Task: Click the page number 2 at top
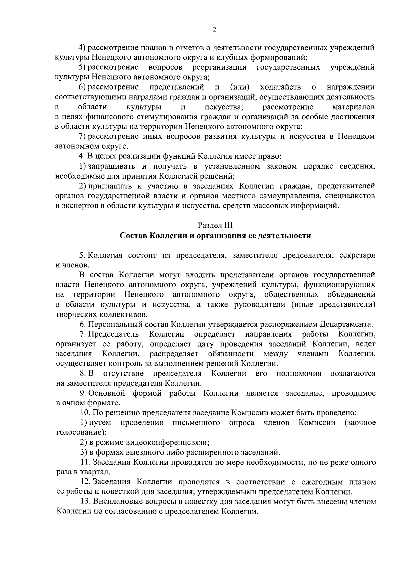click(214, 30)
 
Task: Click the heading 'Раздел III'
click(215, 226)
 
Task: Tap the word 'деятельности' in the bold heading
click(288, 236)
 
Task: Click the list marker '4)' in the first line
click(82, 48)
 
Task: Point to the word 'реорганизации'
click(219, 68)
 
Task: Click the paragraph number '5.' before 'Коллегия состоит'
click(82, 256)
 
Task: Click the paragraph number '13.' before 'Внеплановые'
click(86, 502)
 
